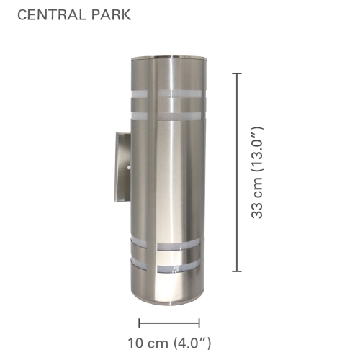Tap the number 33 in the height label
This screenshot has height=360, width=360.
(266, 208)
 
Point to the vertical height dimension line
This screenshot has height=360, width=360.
(238, 173)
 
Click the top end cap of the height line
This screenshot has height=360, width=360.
(238, 73)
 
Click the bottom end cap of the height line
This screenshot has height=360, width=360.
(238, 271)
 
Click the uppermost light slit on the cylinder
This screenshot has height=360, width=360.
(168, 94)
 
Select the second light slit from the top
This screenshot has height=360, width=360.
(168, 114)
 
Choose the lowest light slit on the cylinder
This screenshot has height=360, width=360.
(168, 268)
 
